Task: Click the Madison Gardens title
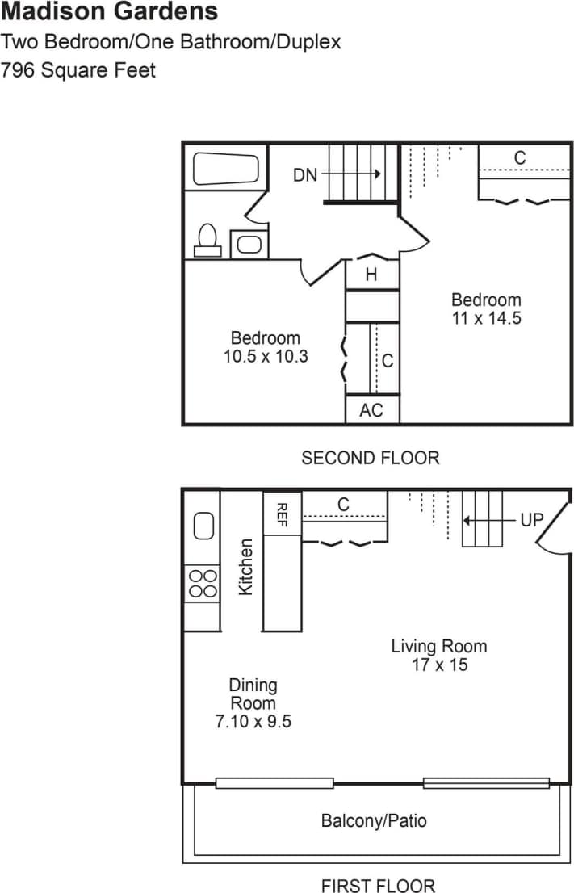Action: (109, 12)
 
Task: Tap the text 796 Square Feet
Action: (78, 70)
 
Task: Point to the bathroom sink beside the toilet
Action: (249, 244)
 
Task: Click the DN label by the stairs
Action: (305, 174)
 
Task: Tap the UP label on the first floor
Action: (532, 520)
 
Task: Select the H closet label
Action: (371, 275)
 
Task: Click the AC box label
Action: (371, 410)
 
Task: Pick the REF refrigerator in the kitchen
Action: (282, 512)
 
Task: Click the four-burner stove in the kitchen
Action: (203, 583)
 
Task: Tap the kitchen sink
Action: (203, 526)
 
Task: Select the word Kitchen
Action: (245, 567)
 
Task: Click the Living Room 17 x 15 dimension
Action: (439, 665)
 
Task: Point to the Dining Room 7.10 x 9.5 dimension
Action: (253, 722)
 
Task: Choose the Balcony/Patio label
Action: (374, 821)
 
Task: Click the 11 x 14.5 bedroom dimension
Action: (486, 318)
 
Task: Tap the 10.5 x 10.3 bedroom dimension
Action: (266, 356)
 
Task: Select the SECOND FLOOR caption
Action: (371, 459)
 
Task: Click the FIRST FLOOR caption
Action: (378, 886)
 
